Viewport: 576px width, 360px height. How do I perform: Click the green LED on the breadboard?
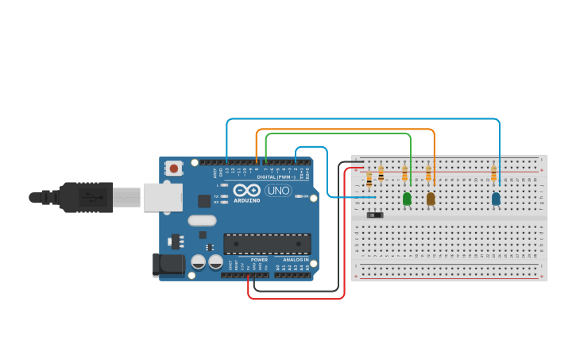click(407, 199)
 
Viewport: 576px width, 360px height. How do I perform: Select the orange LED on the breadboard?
click(431, 199)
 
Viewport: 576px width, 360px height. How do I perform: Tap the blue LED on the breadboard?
click(496, 199)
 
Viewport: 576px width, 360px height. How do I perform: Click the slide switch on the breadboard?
click(375, 215)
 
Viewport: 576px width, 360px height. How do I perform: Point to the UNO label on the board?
click(278, 191)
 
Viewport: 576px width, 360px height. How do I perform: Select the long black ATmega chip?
click(266, 243)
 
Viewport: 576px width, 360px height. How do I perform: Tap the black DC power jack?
click(168, 265)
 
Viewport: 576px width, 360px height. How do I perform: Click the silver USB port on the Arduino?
click(163, 197)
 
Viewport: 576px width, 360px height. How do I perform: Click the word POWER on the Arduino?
click(259, 260)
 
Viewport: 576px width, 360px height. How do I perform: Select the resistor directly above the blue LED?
click(493, 172)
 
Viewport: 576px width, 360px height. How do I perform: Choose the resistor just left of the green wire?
click(404, 172)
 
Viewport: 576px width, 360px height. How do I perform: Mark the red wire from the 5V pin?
click(296, 299)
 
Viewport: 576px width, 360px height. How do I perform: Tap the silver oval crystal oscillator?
click(202, 220)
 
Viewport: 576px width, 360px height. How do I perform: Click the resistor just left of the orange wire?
click(428, 172)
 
